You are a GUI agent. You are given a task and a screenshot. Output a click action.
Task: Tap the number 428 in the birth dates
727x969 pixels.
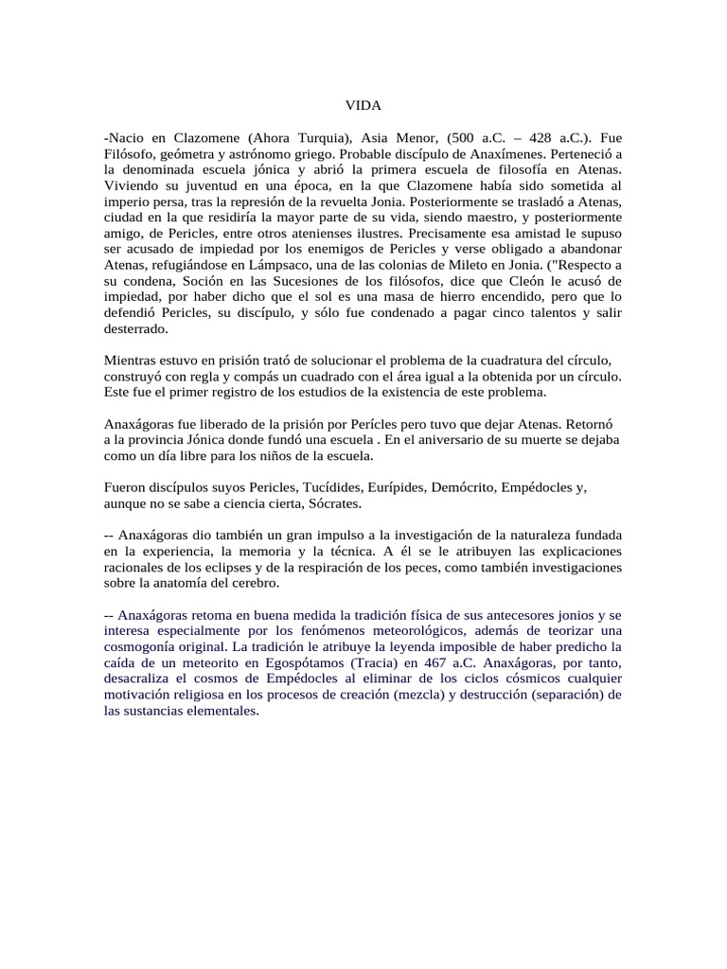(523, 135)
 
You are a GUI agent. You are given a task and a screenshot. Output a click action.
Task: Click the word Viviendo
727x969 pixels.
(133, 186)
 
